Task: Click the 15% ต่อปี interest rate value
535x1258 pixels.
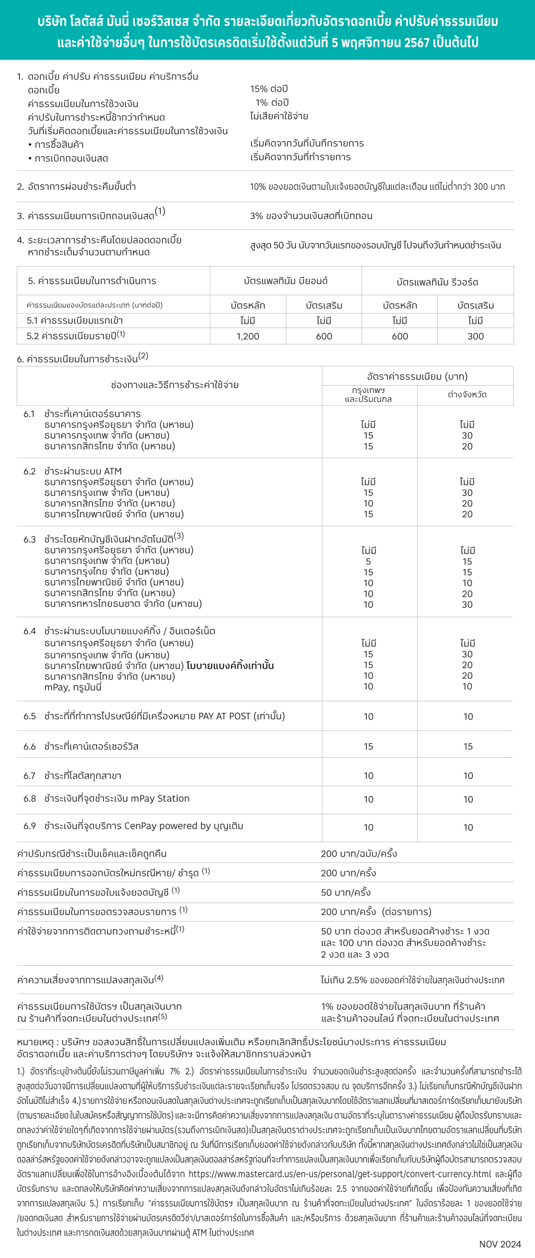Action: (269, 89)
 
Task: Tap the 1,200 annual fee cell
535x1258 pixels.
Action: (248, 337)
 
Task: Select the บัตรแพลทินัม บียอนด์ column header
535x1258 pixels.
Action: (286, 281)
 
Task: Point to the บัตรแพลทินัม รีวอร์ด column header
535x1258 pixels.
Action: (437, 282)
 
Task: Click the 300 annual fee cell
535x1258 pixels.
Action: (475, 337)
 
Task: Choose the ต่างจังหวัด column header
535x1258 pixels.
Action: (467, 395)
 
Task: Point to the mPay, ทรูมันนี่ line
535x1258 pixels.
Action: (73, 687)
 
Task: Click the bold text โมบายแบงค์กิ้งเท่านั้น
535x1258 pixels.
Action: (230, 666)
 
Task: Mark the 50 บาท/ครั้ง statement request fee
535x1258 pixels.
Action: (346, 892)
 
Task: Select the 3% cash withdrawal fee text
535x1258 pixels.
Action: (311, 216)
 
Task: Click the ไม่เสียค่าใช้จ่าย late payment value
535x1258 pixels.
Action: (279, 117)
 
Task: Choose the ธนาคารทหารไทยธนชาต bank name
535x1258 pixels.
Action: (123, 604)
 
